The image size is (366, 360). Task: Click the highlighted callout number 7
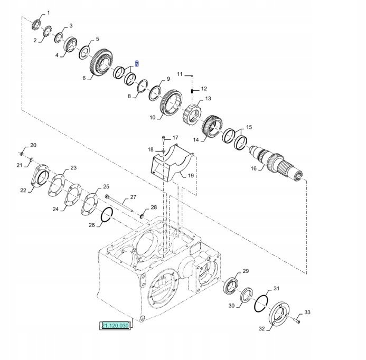click(x=137, y=64)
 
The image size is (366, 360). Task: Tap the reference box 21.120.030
click(x=116, y=326)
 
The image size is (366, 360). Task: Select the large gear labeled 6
click(x=102, y=63)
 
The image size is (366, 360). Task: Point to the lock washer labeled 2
click(x=48, y=32)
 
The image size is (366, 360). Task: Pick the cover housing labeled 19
click(x=172, y=163)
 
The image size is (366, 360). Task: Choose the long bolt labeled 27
click(x=119, y=203)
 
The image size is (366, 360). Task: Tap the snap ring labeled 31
click(x=261, y=304)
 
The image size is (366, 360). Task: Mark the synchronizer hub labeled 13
click(x=192, y=115)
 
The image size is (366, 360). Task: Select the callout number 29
click(x=246, y=271)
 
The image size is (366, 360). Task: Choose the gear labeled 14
click(x=212, y=127)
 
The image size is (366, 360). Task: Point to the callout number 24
click(x=55, y=209)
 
